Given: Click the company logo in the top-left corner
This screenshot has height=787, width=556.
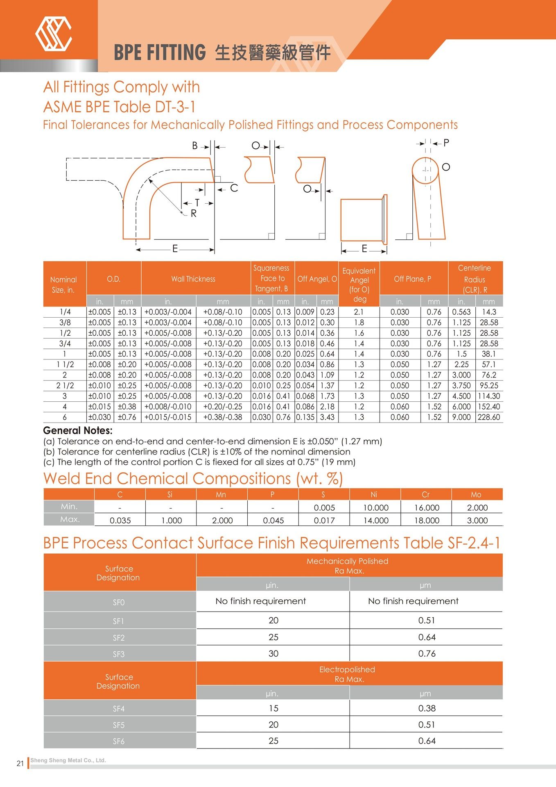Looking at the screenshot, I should coord(54,34).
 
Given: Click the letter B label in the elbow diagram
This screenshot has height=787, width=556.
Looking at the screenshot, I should coord(195,146).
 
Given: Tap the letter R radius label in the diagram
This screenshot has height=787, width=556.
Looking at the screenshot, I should coord(194,214).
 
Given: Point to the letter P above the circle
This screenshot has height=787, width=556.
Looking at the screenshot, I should coord(446,143).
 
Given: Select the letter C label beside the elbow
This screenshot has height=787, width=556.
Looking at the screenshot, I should coord(234,188).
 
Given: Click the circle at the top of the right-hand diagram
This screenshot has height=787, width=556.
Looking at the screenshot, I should coord(425,171).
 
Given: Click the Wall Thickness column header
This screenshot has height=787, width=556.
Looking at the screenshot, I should coord(193,279).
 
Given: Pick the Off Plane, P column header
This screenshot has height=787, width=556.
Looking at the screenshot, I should coord(412,279).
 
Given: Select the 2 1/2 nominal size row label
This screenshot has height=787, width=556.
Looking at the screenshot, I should coord(65,386).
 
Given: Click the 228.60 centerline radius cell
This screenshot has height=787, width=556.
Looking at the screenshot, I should coord(489,417).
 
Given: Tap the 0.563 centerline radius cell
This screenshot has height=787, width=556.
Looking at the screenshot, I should coord(461,312).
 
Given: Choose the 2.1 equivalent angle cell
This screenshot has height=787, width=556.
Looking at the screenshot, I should coord(359,312).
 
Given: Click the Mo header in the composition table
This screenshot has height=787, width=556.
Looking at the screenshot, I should coord(476,495).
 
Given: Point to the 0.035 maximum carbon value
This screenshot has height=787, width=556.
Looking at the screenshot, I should coord(120,521).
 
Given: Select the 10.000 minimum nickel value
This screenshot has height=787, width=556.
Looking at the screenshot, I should coord(375,508).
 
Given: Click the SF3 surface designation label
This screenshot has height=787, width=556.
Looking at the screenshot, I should coord(119,654).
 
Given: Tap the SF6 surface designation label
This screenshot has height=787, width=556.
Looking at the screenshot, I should coord(119,741).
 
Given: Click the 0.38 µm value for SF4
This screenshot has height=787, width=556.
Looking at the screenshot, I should coord(427,708).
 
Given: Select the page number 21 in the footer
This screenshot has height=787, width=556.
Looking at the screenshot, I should coord(20,763).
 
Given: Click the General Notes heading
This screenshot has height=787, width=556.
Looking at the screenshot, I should coord(78,431).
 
